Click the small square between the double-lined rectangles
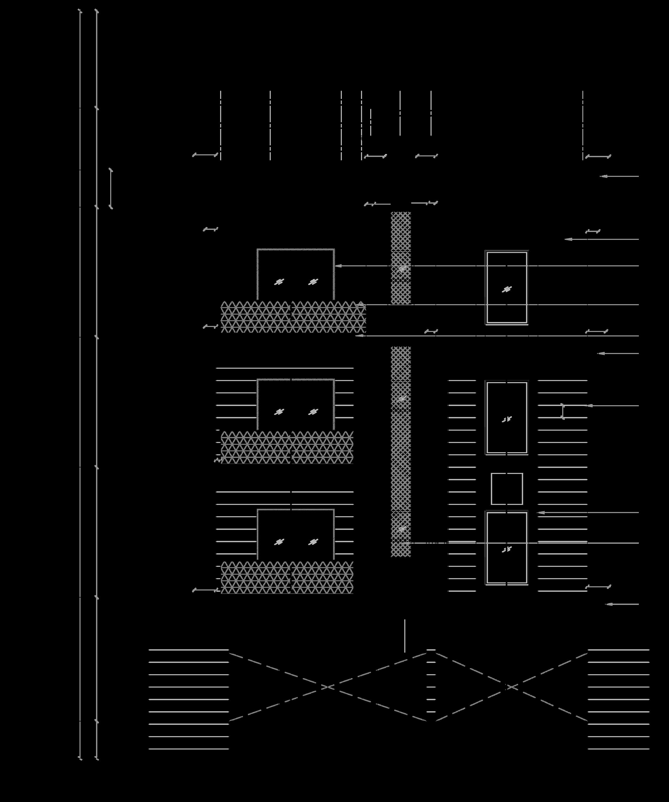(x=507, y=489)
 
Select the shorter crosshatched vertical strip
(x=401, y=258)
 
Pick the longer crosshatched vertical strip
(x=401, y=451)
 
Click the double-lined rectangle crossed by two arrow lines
(x=507, y=288)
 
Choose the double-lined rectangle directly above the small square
(x=507, y=418)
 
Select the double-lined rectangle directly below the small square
(x=507, y=548)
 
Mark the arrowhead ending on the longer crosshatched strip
(x=403, y=543)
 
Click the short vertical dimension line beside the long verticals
(x=111, y=188)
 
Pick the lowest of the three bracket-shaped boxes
(x=296, y=534)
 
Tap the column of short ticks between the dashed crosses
(x=431, y=687)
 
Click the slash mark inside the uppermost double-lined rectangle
(x=506, y=289)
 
